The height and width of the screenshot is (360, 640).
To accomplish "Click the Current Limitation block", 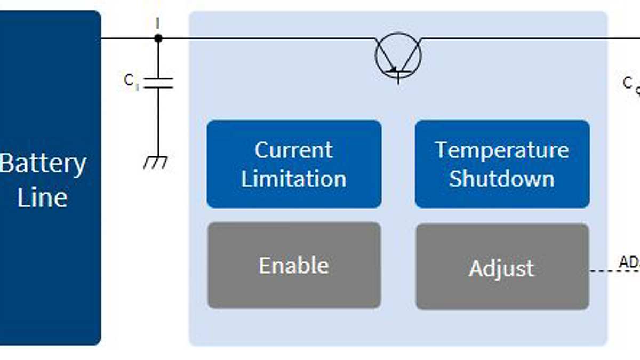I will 294,164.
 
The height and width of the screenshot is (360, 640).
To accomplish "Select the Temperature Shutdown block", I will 502,164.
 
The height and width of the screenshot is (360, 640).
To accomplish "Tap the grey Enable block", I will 294,266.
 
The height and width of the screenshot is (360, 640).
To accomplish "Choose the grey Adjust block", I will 502,267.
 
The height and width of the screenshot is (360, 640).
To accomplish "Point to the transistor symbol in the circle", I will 398,56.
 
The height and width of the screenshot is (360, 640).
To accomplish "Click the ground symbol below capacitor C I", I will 156,162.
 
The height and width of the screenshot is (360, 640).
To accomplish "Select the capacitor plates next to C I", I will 158,82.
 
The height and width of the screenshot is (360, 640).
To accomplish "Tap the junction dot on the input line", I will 158,38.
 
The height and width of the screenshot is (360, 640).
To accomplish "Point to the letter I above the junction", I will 157,23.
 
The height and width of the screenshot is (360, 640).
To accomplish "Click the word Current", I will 294,150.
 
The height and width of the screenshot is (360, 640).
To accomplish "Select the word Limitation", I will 294,178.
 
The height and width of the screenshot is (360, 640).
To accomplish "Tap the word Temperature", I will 502,150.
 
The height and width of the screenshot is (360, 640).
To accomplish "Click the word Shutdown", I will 502,178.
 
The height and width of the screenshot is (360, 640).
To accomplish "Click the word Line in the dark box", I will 43,197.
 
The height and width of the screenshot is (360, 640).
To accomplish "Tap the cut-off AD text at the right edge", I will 629,262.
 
